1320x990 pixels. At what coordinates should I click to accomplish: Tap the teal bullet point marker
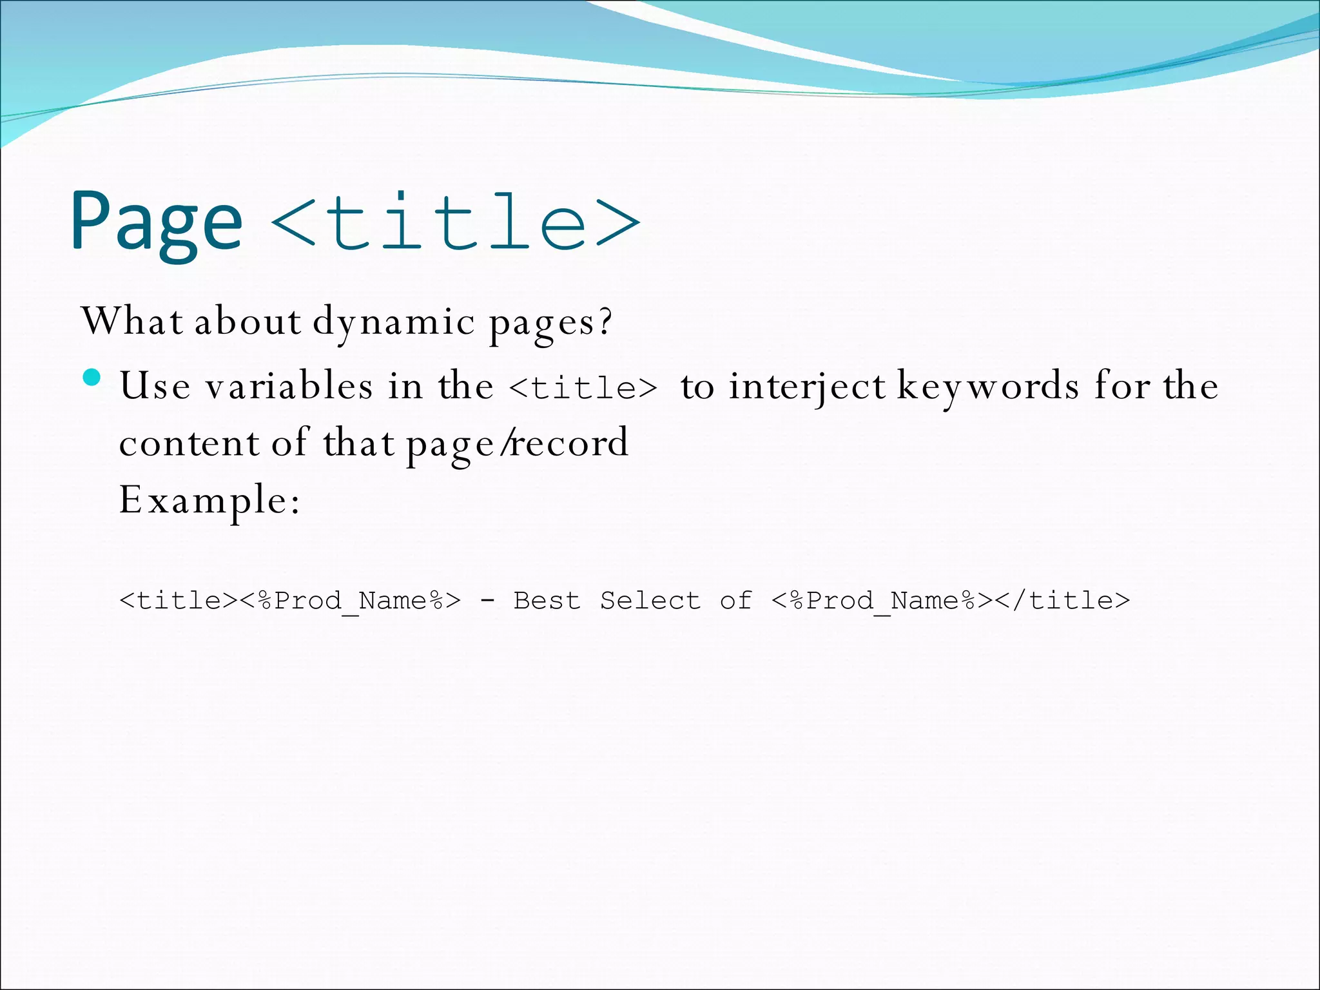click(92, 377)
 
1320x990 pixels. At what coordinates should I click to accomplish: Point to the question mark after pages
click(605, 321)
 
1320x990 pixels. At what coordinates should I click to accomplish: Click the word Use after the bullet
click(155, 386)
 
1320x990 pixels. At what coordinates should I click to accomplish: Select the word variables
click(289, 386)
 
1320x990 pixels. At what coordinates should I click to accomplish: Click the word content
click(189, 443)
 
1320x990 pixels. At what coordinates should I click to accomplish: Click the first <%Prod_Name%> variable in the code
click(351, 601)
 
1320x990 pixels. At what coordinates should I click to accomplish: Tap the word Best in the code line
click(547, 601)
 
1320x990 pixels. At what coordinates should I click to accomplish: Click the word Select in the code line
click(650, 601)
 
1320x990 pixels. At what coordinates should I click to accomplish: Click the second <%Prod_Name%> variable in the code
click(882, 601)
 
